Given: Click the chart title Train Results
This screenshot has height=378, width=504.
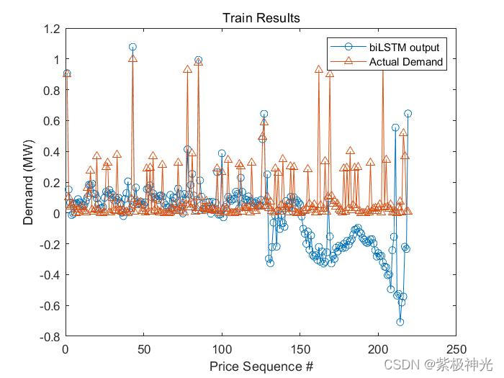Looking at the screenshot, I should [261, 17].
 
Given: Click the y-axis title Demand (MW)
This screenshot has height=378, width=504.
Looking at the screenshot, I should [28, 183].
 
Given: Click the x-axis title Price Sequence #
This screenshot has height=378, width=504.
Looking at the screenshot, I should [261, 366].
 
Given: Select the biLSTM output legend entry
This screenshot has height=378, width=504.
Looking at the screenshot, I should [404, 47].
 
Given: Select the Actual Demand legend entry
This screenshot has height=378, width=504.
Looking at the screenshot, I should [406, 62].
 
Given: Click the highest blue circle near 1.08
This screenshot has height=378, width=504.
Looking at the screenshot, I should [132, 48].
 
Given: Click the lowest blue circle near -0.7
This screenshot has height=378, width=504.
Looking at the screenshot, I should [400, 322].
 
